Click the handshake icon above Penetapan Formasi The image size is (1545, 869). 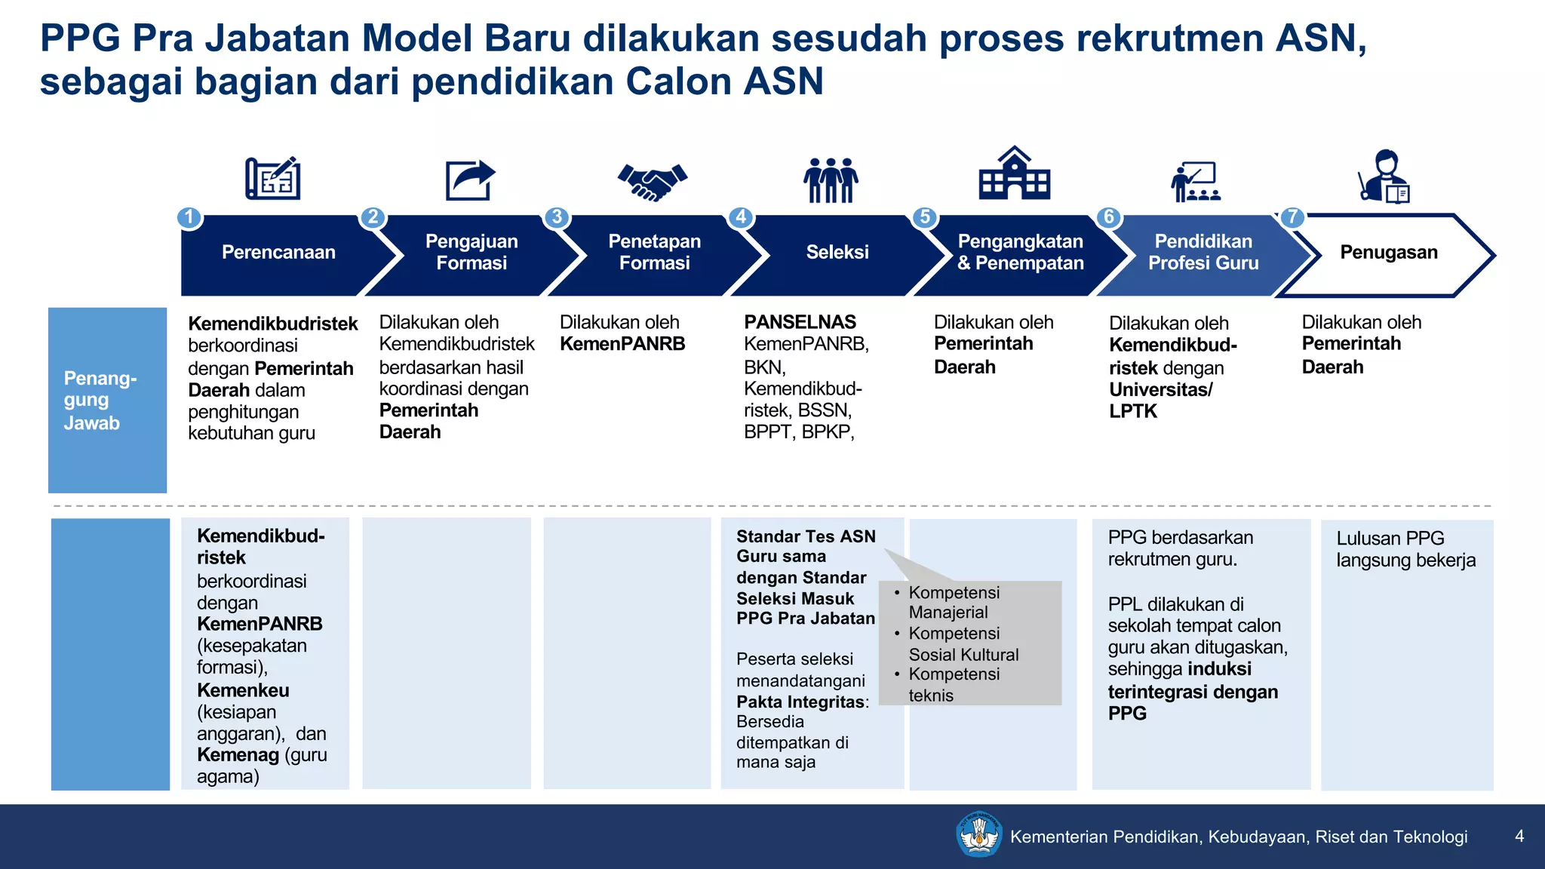tap(652, 181)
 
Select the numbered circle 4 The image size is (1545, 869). tap(741, 217)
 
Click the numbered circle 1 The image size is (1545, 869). tap(189, 217)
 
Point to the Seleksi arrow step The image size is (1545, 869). tap(837, 253)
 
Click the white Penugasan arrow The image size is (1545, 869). tap(1388, 253)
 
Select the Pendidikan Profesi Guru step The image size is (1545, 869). tap(1203, 253)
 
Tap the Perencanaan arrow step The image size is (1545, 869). tap(278, 253)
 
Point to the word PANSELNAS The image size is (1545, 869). tap(800, 322)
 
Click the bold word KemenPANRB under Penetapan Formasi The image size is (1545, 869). tap(622, 344)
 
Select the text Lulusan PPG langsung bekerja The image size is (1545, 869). tap(1405, 549)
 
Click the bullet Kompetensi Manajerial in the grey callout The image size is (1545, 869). tap(954, 602)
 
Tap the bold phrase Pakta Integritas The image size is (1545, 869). tap(800, 702)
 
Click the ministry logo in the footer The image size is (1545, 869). tap(978, 834)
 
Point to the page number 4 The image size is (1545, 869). tap(1519, 836)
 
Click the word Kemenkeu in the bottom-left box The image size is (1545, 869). tap(243, 690)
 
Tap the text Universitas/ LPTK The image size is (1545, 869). tap(1160, 401)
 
